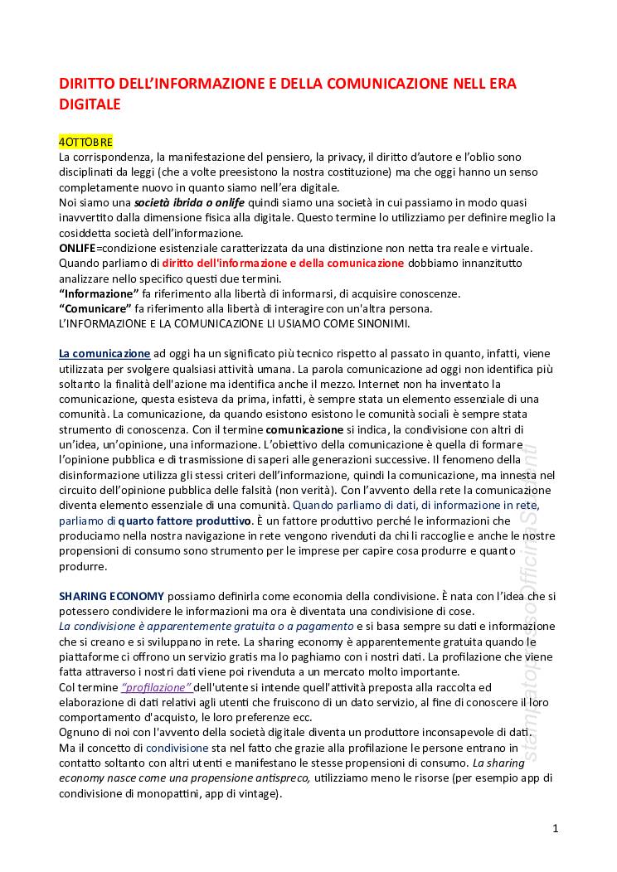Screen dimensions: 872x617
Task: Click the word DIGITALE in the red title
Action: tap(90, 104)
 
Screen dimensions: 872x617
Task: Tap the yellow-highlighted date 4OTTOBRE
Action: tap(85, 143)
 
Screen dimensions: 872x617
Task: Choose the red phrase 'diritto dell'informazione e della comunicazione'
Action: tap(284, 263)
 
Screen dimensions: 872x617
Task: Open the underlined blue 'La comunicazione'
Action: tap(104, 353)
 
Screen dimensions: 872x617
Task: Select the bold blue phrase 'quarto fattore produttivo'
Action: tap(184, 521)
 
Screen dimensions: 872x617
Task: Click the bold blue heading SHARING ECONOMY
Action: tap(111, 596)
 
